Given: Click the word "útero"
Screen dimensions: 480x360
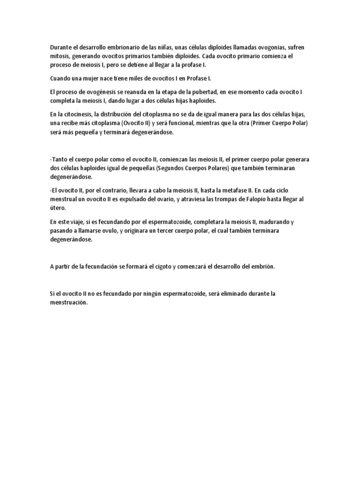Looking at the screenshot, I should (58, 208).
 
